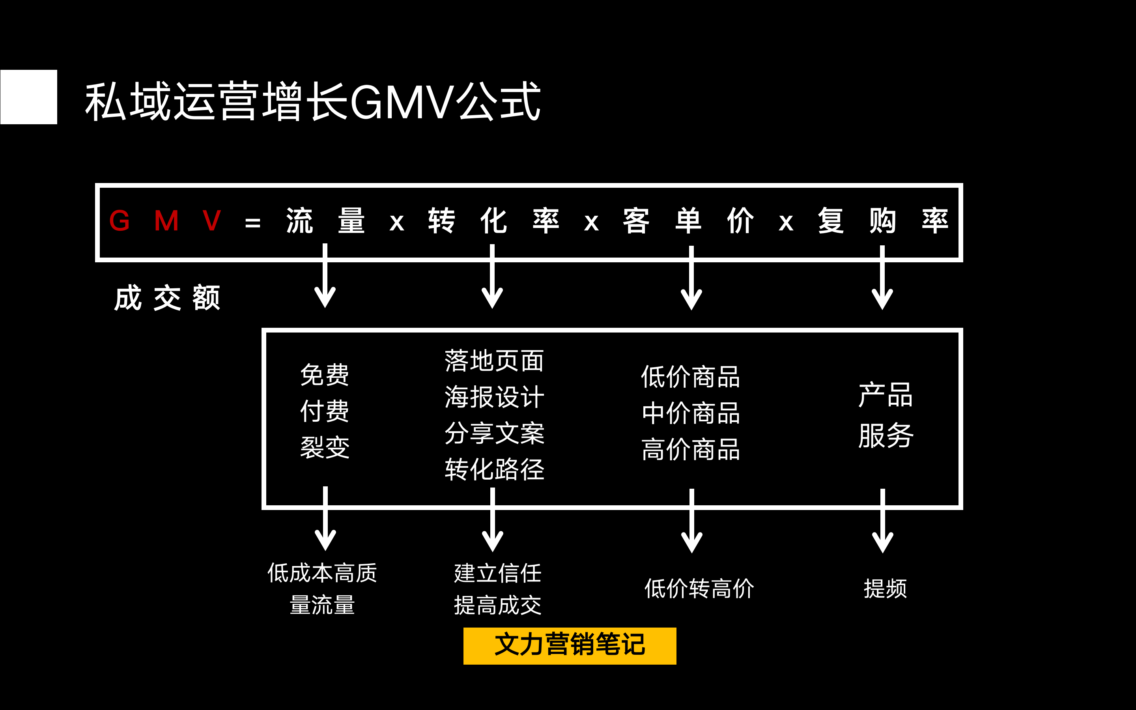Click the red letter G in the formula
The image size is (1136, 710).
(x=119, y=221)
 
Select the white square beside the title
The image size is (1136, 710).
(x=29, y=97)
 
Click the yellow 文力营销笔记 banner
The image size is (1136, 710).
(x=570, y=646)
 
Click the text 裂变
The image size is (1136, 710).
(x=325, y=447)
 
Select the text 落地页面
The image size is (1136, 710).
(x=494, y=361)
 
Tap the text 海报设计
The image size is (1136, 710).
(x=494, y=397)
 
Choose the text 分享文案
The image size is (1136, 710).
(x=494, y=433)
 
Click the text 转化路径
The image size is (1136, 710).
(x=494, y=469)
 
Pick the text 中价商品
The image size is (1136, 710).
(x=691, y=413)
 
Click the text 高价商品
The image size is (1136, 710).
(x=691, y=449)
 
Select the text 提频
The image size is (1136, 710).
(x=885, y=589)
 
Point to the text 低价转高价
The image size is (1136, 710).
(x=699, y=589)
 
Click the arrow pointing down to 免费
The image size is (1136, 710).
(x=325, y=277)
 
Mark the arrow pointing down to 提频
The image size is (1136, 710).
(x=882, y=521)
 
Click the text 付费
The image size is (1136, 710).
(x=325, y=411)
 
